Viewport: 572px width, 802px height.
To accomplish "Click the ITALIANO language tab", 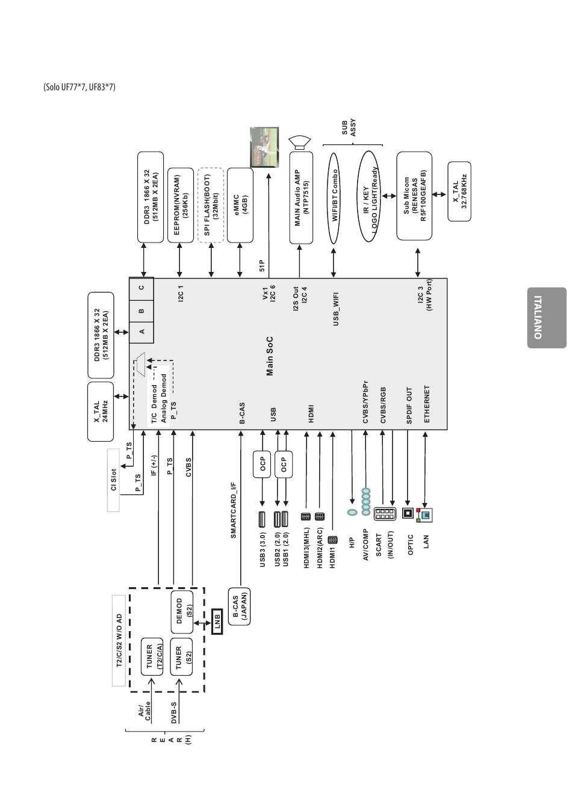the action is click(x=547, y=318).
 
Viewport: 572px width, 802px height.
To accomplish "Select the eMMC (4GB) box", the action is click(x=240, y=205).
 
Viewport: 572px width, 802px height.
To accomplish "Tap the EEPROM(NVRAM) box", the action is click(x=181, y=205).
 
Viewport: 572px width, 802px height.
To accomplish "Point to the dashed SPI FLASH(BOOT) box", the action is click(x=211, y=205).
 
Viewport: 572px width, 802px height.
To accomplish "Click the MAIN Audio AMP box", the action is click(x=301, y=197).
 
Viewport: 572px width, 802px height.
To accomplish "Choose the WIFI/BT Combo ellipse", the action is click(x=334, y=199).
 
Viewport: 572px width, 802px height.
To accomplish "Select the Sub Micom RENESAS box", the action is click(x=414, y=196).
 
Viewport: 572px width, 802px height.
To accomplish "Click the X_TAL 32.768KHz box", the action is click(x=459, y=191).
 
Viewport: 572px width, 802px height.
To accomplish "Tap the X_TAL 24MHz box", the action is click(x=101, y=412).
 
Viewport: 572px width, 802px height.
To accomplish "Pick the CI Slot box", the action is click(x=113, y=480).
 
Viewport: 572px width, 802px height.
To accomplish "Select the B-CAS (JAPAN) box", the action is click(x=240, y=606).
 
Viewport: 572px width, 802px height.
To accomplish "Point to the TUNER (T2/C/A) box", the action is click(x=152, y=656).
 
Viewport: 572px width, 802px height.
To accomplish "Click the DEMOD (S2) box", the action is click(x=182, y=612).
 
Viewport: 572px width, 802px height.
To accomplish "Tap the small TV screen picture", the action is click(x=264, y=147).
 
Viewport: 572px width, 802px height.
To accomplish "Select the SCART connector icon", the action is click(x=385, y=514).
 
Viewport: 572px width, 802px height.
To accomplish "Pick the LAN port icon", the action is click(x=424, y=515).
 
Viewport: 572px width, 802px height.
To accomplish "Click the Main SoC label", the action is click(x=270, y=356).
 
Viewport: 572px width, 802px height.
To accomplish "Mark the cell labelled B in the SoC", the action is click(x=141, y=311).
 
